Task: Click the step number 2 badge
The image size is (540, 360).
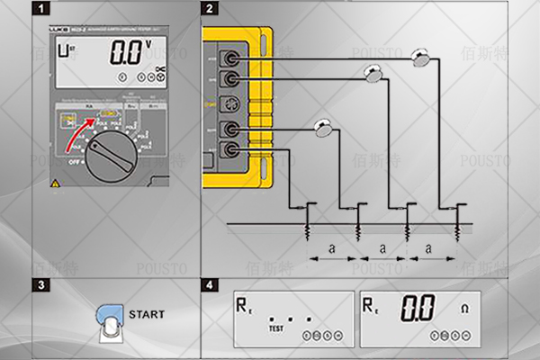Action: pyautogui.click(x=210, y=10)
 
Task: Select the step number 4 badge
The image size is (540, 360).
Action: pyautogui.click(x=210, y=285)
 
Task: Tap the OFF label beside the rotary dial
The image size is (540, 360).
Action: pyautogui.click(x=74, y=163)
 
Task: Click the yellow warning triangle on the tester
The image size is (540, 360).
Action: pyautogui.click(x=57, y=184)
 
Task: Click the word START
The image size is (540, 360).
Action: pyautogui.click(x=147, y=315)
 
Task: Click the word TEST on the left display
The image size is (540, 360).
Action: pyautogui.click(x=276, y=329)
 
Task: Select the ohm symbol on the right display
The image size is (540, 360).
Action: pyautogui.click(x=465, y=309)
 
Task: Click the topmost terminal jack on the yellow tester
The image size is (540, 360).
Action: pyautogui.click(x=232, y=58)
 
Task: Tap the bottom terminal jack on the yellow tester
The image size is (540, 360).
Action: pyautogui.click(x=232, y=149)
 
